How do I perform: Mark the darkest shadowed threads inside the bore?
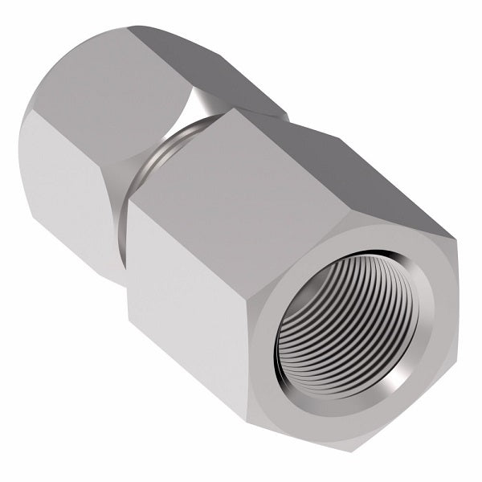[x=321, y=321]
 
